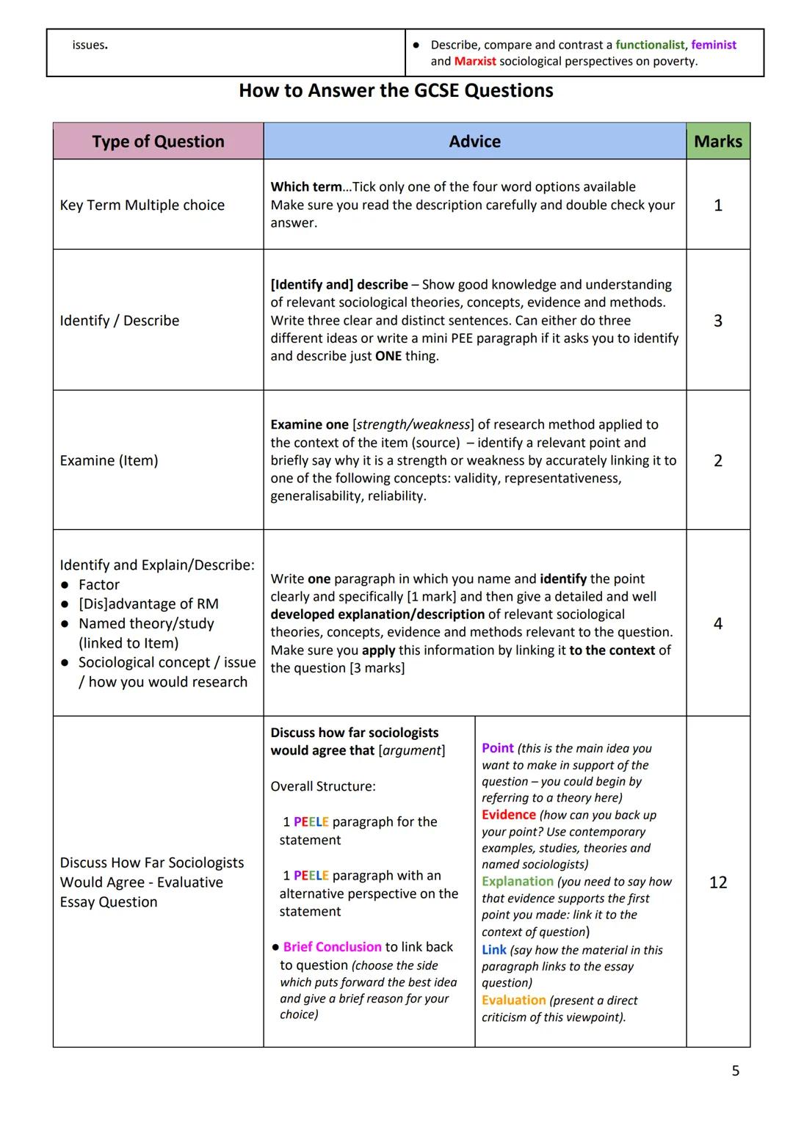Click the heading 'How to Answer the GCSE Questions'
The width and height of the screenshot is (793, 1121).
(396, 91)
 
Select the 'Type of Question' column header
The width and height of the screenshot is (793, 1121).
(158, 142)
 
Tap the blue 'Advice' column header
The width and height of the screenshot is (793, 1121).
(474, 142)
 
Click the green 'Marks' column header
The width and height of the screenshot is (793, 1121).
(717, 142)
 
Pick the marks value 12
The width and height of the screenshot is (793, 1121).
(717, 882)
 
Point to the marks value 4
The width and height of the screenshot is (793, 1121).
(717, 623)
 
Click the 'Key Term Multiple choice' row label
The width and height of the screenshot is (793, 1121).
(142, 205)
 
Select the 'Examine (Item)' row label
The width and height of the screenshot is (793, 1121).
(109, 460)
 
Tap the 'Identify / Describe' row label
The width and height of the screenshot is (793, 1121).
(120, 321)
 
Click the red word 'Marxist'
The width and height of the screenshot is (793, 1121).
(475, 61)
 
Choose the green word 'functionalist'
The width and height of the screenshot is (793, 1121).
(650, 45)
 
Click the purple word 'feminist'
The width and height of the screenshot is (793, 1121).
(713, 45)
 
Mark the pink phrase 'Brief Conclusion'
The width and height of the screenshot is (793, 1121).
(332, 947)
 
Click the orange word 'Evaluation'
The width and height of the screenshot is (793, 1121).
(513, 1000)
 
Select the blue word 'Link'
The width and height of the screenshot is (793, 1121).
(493, 950)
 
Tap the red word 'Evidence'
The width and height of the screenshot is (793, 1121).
(508, 815)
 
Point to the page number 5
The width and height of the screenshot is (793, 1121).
(735, 1071)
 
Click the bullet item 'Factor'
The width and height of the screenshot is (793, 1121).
(98, 584)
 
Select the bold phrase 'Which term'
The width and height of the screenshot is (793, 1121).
(306, 187)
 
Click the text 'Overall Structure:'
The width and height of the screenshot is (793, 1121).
(322, 786)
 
